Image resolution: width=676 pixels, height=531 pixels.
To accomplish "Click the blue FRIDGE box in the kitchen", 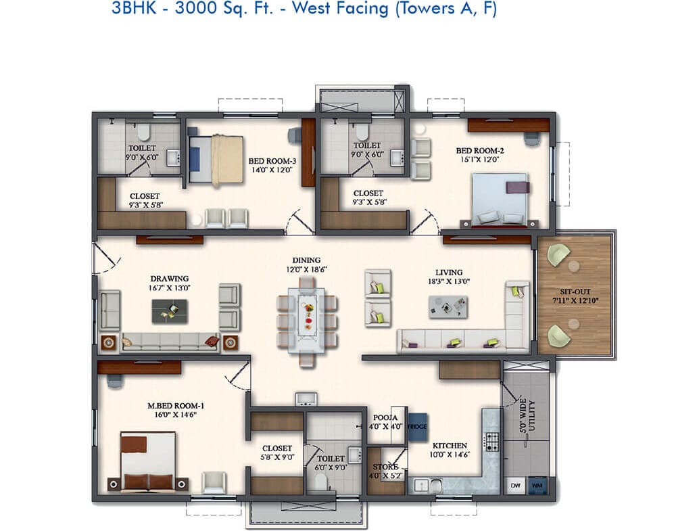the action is click(x=417, y=427).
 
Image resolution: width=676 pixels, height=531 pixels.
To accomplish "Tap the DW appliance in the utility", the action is click(x=515, y=485).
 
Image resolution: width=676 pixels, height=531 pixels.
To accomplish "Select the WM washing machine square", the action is click(x=537, y=485).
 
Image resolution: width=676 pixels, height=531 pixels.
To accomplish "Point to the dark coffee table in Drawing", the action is click(x=170, y=311).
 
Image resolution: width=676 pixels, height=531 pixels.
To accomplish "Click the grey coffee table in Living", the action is click(x=448, y=306).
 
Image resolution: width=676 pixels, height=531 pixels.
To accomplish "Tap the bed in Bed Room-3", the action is click(x=216, y=159).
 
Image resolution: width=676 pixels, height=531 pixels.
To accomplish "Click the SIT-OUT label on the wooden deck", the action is click(x=575, y=292).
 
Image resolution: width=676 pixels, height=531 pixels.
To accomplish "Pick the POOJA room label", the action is click(x=385, y=417).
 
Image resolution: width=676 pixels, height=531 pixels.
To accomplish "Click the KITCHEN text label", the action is click(x=450, y=446).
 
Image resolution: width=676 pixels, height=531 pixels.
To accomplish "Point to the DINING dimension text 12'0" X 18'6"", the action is click(x=306, y=269).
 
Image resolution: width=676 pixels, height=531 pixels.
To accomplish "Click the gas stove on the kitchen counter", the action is click(x=492, y=442).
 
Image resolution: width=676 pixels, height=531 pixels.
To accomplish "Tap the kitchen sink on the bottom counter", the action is click(x=428, y=485).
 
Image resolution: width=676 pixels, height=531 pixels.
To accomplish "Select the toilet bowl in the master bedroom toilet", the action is click(x=320, y=481).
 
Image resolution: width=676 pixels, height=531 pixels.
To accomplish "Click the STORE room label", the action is click(x=385, y=467).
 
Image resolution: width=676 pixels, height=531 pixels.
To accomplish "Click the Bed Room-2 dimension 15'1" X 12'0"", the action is click(x=480, y=159).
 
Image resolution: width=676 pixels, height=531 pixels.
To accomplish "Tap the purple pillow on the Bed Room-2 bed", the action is click(x=517, y=187).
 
